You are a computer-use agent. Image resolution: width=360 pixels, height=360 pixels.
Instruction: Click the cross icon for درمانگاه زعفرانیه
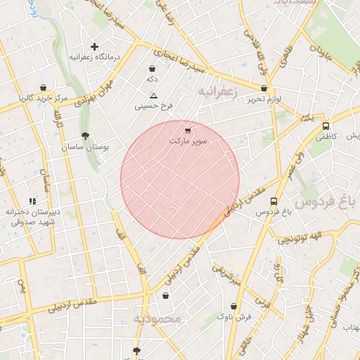pos(95,46)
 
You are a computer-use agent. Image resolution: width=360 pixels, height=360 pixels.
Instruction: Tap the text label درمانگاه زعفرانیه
pos(95,56)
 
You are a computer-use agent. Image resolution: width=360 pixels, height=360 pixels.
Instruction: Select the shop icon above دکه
pos(153,69)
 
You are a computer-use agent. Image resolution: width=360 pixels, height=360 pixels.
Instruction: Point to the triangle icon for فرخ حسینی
pos(154,95)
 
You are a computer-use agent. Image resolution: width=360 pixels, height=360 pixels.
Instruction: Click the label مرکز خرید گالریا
pos(44,97)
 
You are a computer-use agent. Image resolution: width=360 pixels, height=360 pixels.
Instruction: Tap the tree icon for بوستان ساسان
pos(85,136)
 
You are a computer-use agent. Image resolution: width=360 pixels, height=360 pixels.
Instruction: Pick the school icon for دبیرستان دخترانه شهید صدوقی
pos(33,202)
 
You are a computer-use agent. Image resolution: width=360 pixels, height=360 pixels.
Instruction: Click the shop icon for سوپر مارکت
pos(187,131)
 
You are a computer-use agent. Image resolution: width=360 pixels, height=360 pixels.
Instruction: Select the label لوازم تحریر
pos(264,99)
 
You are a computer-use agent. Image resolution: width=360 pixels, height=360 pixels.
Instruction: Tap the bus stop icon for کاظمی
pos(325,127)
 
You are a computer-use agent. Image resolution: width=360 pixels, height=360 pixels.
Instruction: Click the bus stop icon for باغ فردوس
pos(274,202)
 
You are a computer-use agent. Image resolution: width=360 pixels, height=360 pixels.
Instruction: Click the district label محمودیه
pos(158,320)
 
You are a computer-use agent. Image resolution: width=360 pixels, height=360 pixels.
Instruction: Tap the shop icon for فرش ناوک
pos(234,307)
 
